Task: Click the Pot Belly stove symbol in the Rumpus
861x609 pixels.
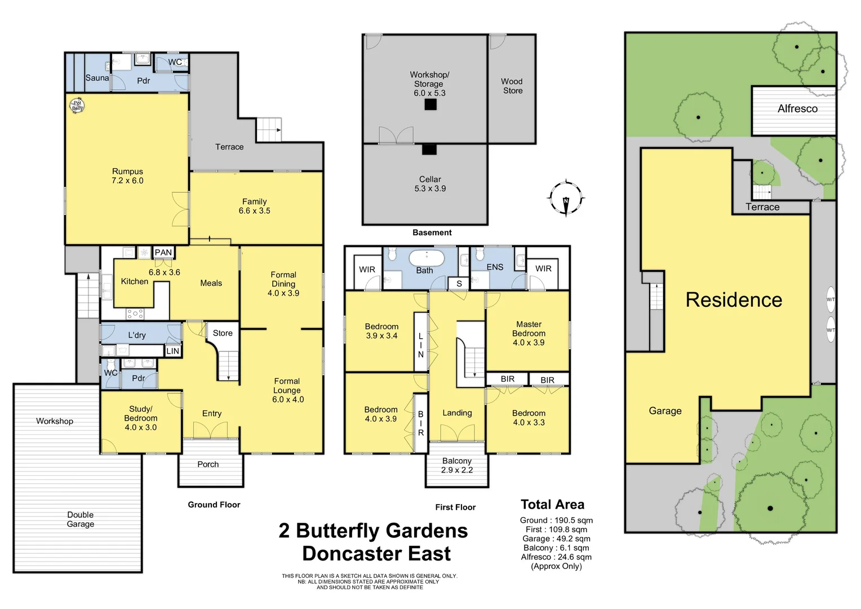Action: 77,105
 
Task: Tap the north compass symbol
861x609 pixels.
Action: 566,198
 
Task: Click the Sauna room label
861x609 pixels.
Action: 97,78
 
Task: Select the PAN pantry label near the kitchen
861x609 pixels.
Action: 163,252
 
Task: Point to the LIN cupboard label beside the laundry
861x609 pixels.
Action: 172,351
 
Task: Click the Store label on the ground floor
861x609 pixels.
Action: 223,333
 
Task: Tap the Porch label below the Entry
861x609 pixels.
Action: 208,464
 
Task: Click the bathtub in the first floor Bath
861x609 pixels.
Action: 427,258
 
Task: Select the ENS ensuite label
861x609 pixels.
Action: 495,267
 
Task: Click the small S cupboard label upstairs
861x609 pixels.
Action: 459,284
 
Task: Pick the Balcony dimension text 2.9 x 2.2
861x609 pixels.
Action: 457,470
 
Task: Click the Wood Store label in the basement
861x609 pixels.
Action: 512,86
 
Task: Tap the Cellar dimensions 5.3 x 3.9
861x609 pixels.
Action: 430,188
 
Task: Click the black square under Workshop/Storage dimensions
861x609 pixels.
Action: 430,104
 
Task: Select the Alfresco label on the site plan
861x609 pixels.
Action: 797,109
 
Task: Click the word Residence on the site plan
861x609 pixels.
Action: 734,300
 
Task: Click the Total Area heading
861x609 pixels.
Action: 552,505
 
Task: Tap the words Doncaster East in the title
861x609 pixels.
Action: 376,554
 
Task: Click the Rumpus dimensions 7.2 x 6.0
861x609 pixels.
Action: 127,180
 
